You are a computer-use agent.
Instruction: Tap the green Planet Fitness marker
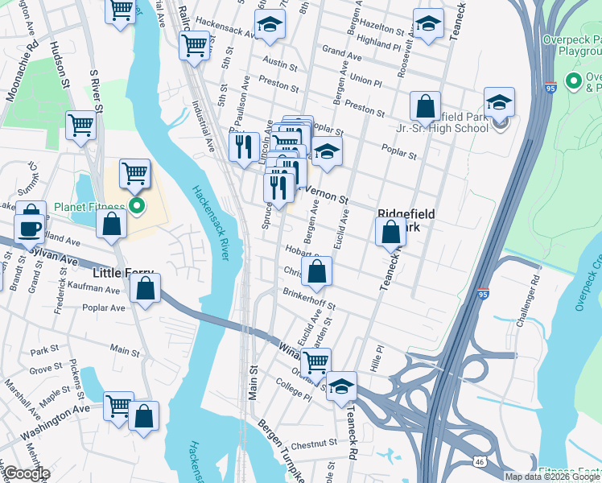coord(137,207)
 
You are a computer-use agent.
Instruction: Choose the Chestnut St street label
coord(313,444)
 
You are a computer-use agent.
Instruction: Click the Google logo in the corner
coord(26,473)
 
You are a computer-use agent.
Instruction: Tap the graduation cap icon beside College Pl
coord(342,386)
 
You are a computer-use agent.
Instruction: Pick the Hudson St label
coord(59,60)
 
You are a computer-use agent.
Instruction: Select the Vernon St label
coord(327,196)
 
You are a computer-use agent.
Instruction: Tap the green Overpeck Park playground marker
coord(574,80)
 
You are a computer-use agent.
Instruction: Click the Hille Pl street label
coord(376,353)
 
